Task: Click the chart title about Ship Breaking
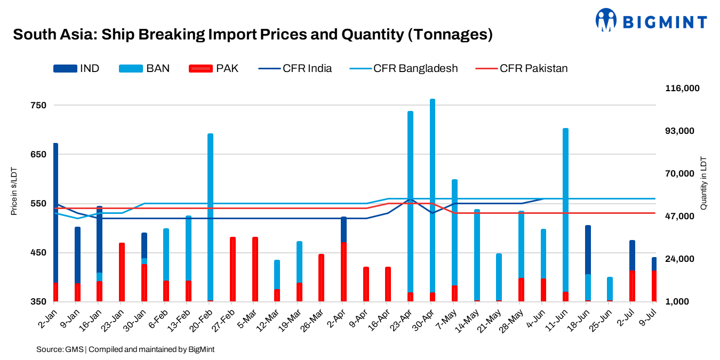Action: click(252, 35)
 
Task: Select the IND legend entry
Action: click(76, 68)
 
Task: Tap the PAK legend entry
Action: click(214, 68)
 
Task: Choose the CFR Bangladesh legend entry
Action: click(404, 68)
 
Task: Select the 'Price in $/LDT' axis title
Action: click(14, 190)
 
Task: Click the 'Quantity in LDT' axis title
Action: click(703, 183)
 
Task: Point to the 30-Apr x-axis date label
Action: click(425, 319)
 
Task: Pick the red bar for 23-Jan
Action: click(122, 272)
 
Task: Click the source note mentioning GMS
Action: click(125, 349)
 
